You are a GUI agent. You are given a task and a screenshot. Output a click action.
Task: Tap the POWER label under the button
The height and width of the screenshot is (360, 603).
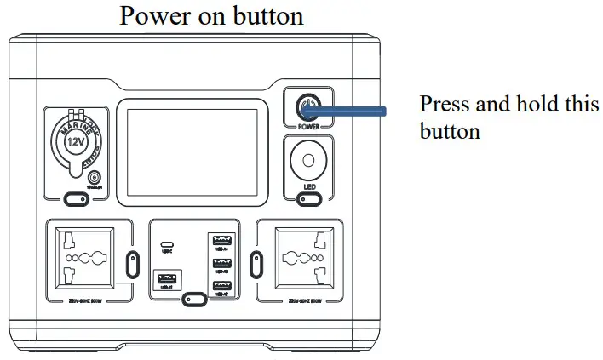[x=307, y=128]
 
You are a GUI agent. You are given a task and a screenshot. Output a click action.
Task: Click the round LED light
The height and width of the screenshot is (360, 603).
[x=307, y=160]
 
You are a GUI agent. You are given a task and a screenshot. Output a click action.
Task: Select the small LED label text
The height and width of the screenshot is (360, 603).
[x=307, y=186]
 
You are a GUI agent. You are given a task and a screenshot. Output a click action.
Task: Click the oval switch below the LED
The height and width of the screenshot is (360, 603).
[x=307, y=201]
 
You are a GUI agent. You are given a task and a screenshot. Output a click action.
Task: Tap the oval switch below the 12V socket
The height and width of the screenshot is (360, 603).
[x=76, y=201]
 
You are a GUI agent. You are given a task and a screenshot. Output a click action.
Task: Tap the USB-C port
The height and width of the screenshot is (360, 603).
[x=165, y=243]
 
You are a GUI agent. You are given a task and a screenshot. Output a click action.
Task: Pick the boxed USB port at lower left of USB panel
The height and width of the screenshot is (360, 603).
[x=164, y=278]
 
